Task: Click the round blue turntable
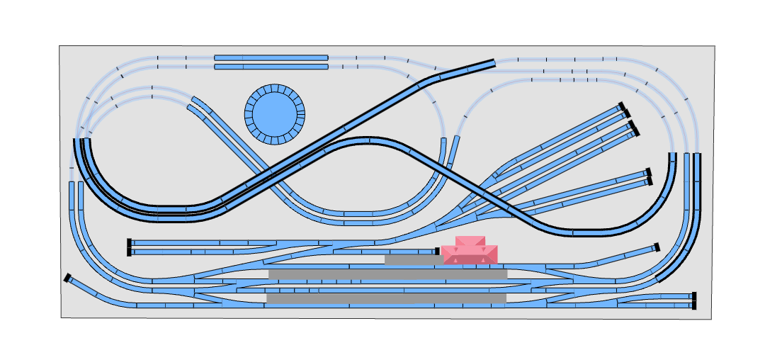[x=275, y=114]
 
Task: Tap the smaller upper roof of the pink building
[x=470, y=241]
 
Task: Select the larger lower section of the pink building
[x=470, y=255]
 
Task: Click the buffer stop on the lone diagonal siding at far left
[x=67, y=278]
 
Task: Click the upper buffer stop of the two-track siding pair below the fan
[x=648, y=172]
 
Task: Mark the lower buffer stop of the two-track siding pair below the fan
[x=649, y=181]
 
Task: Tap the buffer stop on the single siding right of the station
[x=657, y=247]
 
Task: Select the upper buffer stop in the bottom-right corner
[x=694, y=296]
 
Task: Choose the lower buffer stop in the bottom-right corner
[x=694, y=305]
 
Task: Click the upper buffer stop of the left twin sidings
[x=129, y=242]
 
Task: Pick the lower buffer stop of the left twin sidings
[x=129, y=252]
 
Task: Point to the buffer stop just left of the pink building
[x=438, y=251]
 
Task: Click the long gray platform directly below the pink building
[x=387, y=274]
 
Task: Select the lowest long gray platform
[x=386, y=299]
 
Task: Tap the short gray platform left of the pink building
[x=413, y=260]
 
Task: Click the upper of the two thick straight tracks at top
[x=271, y=57]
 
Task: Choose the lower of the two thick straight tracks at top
[x=271, y=67]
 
